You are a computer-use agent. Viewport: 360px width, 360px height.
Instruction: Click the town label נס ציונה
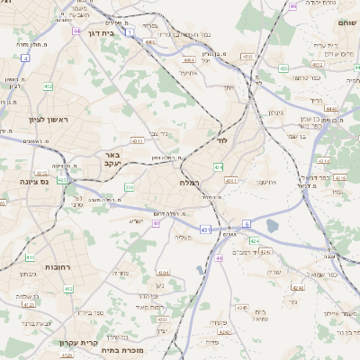coord(22,181)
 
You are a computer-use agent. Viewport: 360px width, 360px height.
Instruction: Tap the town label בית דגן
coord(103,33)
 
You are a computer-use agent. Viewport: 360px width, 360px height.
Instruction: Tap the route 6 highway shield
coord(246,222)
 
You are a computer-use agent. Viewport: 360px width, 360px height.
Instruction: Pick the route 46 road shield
coord(294,6)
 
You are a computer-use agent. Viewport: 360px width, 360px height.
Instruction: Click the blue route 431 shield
coord(206,230)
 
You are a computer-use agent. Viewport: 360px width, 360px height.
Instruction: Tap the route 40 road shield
coord(157,222)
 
